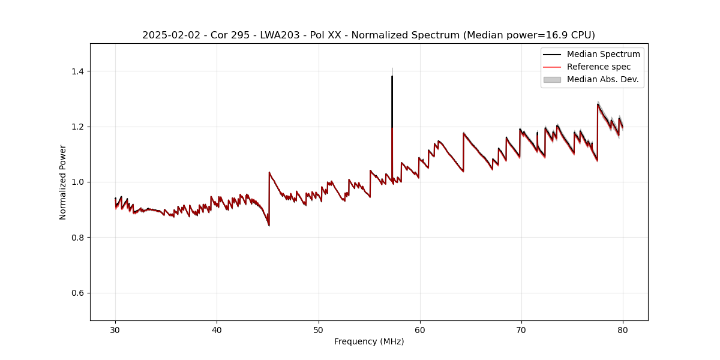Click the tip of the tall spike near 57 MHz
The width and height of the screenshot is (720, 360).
(392, 76)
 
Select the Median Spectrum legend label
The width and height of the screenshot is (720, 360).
(603, 54)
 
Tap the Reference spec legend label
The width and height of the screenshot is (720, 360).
(598, 67)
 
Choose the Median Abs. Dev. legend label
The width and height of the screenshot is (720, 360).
(602, 79)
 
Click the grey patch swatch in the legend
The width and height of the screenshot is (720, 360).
(552, 79)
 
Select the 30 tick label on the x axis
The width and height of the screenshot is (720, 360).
(116, 329)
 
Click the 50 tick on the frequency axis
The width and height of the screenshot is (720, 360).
(319, 329)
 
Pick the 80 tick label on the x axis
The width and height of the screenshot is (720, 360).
(623, 329)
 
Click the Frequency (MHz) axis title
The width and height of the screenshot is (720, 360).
(369, 341)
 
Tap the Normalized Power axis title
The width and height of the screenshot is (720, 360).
(63, 182)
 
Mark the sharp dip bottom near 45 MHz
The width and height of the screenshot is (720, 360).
(269, 226)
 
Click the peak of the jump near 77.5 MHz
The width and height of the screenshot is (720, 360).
(598, 104)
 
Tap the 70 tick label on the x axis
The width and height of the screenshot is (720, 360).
(521, 329)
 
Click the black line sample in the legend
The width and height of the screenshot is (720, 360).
(552, 54)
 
